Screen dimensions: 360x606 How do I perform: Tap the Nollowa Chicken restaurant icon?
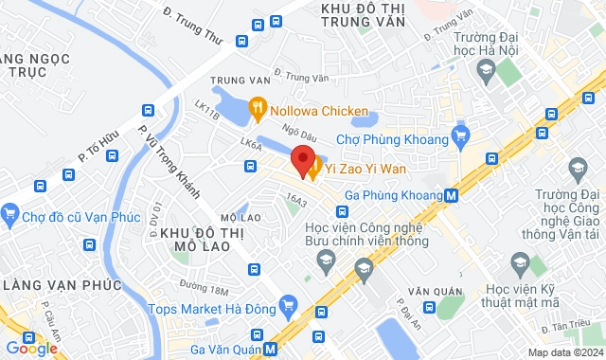[256, 111]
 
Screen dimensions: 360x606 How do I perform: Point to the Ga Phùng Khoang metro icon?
[453, 196]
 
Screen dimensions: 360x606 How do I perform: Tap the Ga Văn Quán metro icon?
[272, 348]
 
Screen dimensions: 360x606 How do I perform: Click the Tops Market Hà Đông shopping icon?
[291, 308]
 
